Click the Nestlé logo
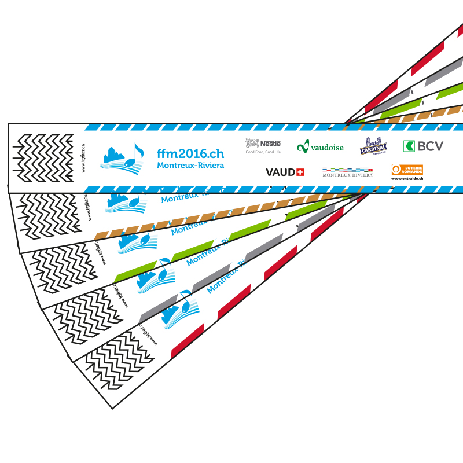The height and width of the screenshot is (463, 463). (x=263, y=145)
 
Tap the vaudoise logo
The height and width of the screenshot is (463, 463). (x=320, y=147)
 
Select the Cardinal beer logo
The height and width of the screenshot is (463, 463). (x=373, y=146)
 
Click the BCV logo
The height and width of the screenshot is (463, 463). (x=423, y=146)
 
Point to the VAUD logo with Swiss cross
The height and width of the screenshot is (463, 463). (x=284, y=172)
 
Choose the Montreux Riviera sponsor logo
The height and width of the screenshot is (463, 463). (x=347, y=172)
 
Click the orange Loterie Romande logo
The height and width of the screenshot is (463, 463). (x=407, y=170)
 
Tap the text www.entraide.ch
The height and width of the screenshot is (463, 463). (x=407, y=179)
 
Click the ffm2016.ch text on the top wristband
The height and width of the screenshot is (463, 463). (x=190, y=154)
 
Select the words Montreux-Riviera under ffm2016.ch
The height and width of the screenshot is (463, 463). (x=190, y=166)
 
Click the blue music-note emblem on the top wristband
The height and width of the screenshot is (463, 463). (x=122, y=156)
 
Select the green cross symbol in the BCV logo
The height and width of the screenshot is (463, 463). (x=409, y=146)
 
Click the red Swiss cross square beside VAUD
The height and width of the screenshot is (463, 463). (x=300, y=172)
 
